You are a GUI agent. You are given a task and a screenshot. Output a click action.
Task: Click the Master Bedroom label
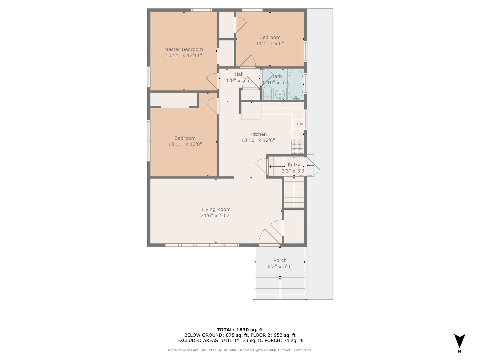[183, 49]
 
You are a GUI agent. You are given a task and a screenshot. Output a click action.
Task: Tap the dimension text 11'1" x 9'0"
[270, 43]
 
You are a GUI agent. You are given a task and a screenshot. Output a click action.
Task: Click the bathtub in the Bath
[296, 84]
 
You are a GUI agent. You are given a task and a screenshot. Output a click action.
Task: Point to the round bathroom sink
[280, 94]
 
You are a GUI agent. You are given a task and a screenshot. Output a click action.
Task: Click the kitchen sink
[298, 124]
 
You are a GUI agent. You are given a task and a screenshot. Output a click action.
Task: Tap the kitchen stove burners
[298, 146]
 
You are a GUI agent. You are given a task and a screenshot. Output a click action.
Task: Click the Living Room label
[216, 209]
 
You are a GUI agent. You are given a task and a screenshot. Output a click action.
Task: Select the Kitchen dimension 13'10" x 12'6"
[258, 140]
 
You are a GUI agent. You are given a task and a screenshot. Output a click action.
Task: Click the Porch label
[280, 260]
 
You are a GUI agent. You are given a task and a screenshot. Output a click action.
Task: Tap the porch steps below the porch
[280, 288]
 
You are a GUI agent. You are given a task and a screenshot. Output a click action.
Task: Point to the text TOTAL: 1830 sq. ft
[240, 330]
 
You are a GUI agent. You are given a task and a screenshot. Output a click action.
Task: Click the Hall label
[239, 74]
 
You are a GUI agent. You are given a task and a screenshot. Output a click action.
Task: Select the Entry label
[294, 165]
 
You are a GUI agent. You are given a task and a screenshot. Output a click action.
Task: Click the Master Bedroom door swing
[212, 81]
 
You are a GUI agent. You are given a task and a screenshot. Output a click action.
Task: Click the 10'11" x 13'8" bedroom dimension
[185, 144]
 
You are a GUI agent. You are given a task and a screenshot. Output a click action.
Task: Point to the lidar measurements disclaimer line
[240, 350]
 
